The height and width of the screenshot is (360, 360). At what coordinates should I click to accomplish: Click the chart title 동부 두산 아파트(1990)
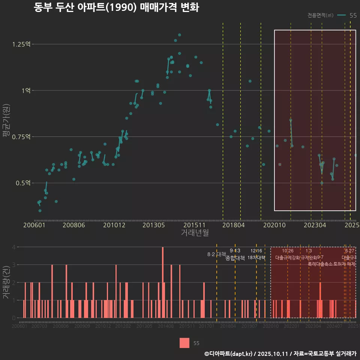pos(116,7)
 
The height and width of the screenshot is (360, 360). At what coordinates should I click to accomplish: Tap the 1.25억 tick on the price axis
pos(21,44)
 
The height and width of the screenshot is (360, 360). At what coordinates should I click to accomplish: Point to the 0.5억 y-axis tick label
pos(22,183)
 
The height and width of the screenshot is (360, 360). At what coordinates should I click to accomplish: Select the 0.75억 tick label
pos(21,137)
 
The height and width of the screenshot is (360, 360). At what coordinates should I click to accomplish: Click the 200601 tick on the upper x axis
pos(34,225)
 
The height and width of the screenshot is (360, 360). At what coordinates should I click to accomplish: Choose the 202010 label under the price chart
pos(274,225)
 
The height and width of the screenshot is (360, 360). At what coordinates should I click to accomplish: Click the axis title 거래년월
pos(195,233)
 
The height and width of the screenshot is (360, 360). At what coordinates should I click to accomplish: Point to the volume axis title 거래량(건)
pos(6,282)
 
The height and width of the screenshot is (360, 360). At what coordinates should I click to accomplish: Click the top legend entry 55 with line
pos(347,15)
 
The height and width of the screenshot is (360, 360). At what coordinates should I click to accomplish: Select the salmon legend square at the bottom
pos(184,343)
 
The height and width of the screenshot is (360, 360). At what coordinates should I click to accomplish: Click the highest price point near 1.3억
pos(179,35)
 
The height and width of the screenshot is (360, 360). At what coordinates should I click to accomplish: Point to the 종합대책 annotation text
pos(235,258)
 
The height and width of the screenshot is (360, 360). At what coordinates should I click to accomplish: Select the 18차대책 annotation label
pos(256,258)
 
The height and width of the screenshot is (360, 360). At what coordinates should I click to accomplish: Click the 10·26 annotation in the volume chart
pos(288,251)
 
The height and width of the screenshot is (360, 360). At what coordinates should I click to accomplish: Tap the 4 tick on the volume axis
pos(14,247)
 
